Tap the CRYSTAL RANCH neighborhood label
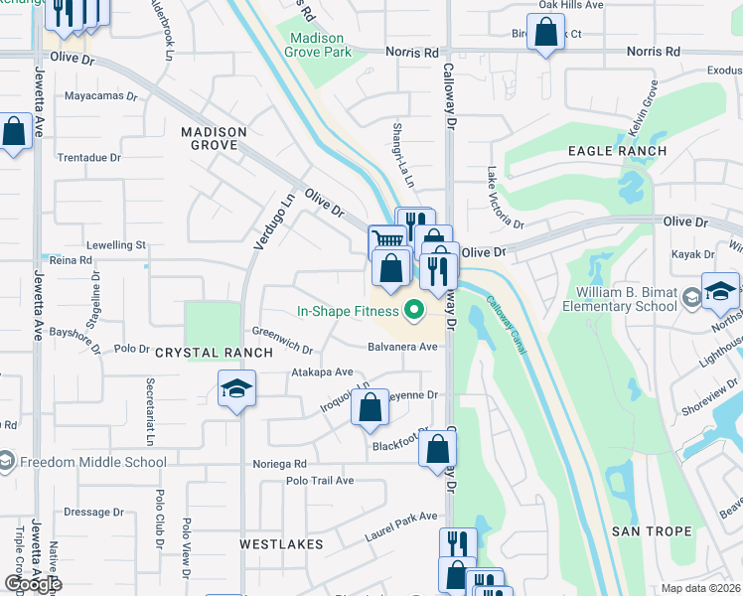213,353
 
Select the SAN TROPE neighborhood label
651,531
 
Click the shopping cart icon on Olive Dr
386,240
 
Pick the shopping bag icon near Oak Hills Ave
546,32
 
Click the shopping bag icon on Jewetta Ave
14,132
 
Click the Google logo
32,584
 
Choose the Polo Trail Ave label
319,481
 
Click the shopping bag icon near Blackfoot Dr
437,449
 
